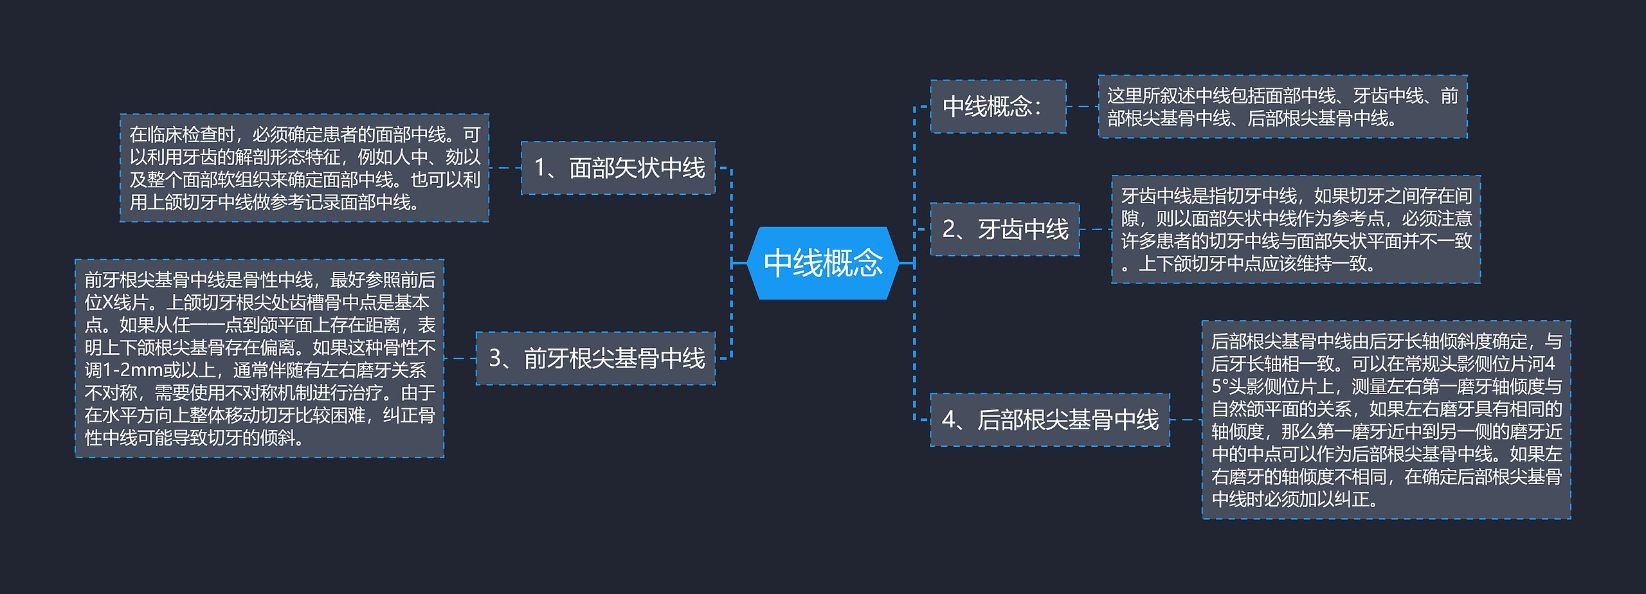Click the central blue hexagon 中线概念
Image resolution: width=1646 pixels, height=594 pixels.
coord(823,263)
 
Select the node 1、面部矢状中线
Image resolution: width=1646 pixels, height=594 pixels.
coord(618,168)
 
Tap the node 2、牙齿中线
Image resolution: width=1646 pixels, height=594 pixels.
coord(1004,230)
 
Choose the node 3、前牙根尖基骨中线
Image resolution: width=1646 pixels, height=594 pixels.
coord(595,358)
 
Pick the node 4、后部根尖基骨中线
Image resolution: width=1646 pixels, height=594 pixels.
coord(1049,420)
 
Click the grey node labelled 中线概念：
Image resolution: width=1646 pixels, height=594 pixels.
coord(998,107)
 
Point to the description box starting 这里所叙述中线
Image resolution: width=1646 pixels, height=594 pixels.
coord(1282,107)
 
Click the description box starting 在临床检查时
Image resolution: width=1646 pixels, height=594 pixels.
coord(304,168)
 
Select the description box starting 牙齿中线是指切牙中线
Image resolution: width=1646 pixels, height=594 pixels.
coord(1296,230)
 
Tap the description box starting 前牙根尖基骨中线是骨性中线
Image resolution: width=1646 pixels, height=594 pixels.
coord(259,358)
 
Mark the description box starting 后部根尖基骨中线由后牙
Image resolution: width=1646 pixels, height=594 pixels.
coord(1386,420)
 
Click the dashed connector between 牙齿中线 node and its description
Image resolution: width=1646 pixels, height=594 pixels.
coord(1096,230)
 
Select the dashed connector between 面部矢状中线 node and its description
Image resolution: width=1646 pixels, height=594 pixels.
coord(505,168)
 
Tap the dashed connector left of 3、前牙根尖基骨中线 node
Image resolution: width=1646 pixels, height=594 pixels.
coord(460,358)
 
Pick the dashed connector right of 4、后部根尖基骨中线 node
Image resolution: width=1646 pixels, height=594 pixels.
coord(1186,420)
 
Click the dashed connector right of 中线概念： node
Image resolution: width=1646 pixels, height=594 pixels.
coord(1082,107)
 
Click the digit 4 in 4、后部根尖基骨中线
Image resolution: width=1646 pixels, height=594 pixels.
coord(949,420)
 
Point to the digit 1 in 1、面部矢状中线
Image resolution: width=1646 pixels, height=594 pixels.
coord(541,168)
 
